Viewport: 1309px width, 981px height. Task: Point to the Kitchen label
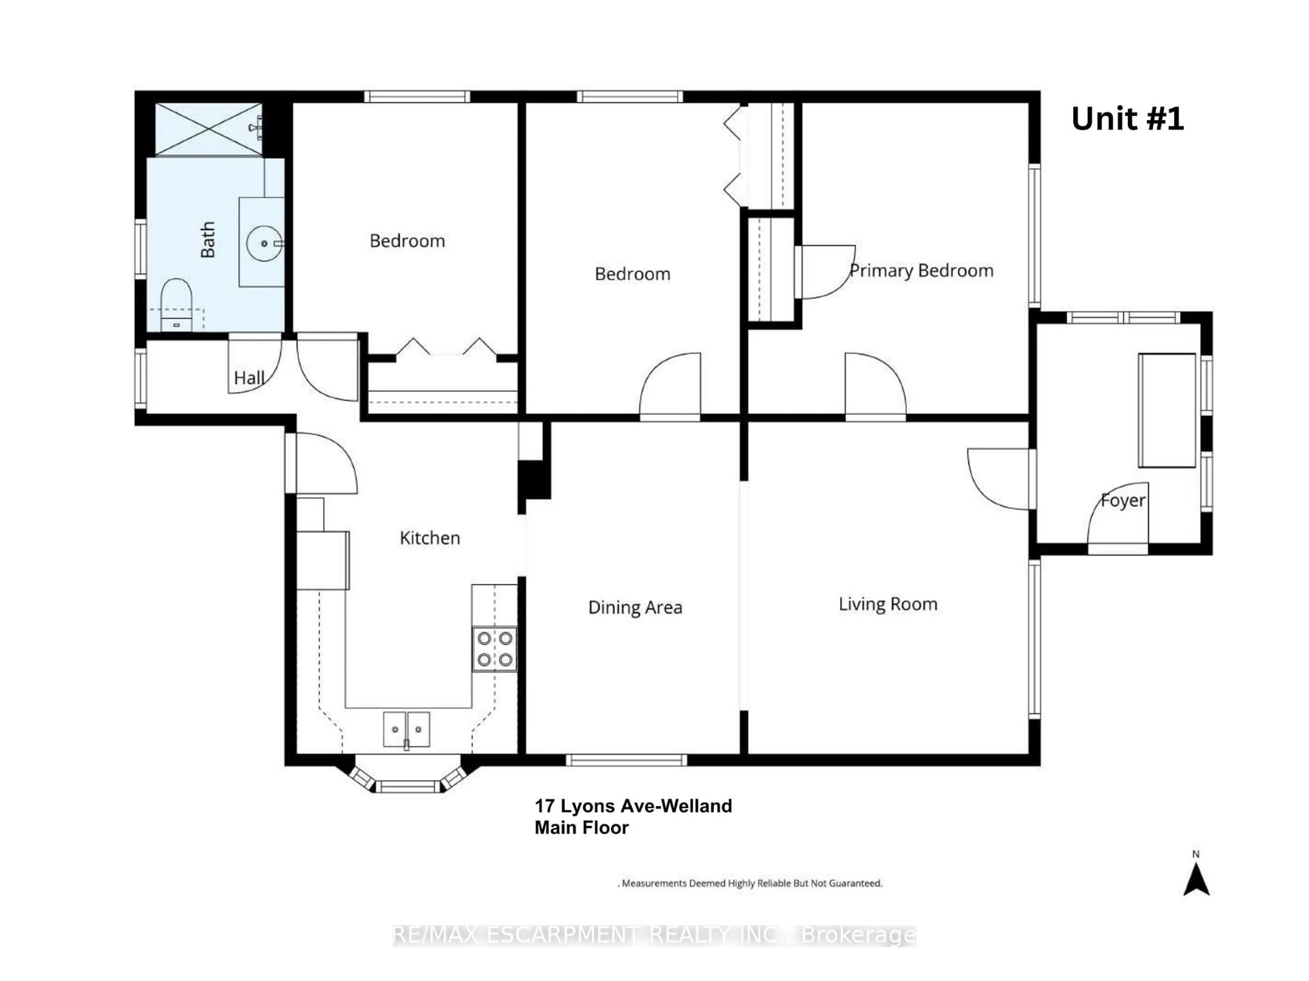[430, 538]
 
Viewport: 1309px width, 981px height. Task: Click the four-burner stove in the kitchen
[495, 649]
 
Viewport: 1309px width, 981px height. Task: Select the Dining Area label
[635, 607]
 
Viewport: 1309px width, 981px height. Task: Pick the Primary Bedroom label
[921, 271]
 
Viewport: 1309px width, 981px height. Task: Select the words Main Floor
[581, 827]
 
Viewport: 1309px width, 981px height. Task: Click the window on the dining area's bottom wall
[626, 760]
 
